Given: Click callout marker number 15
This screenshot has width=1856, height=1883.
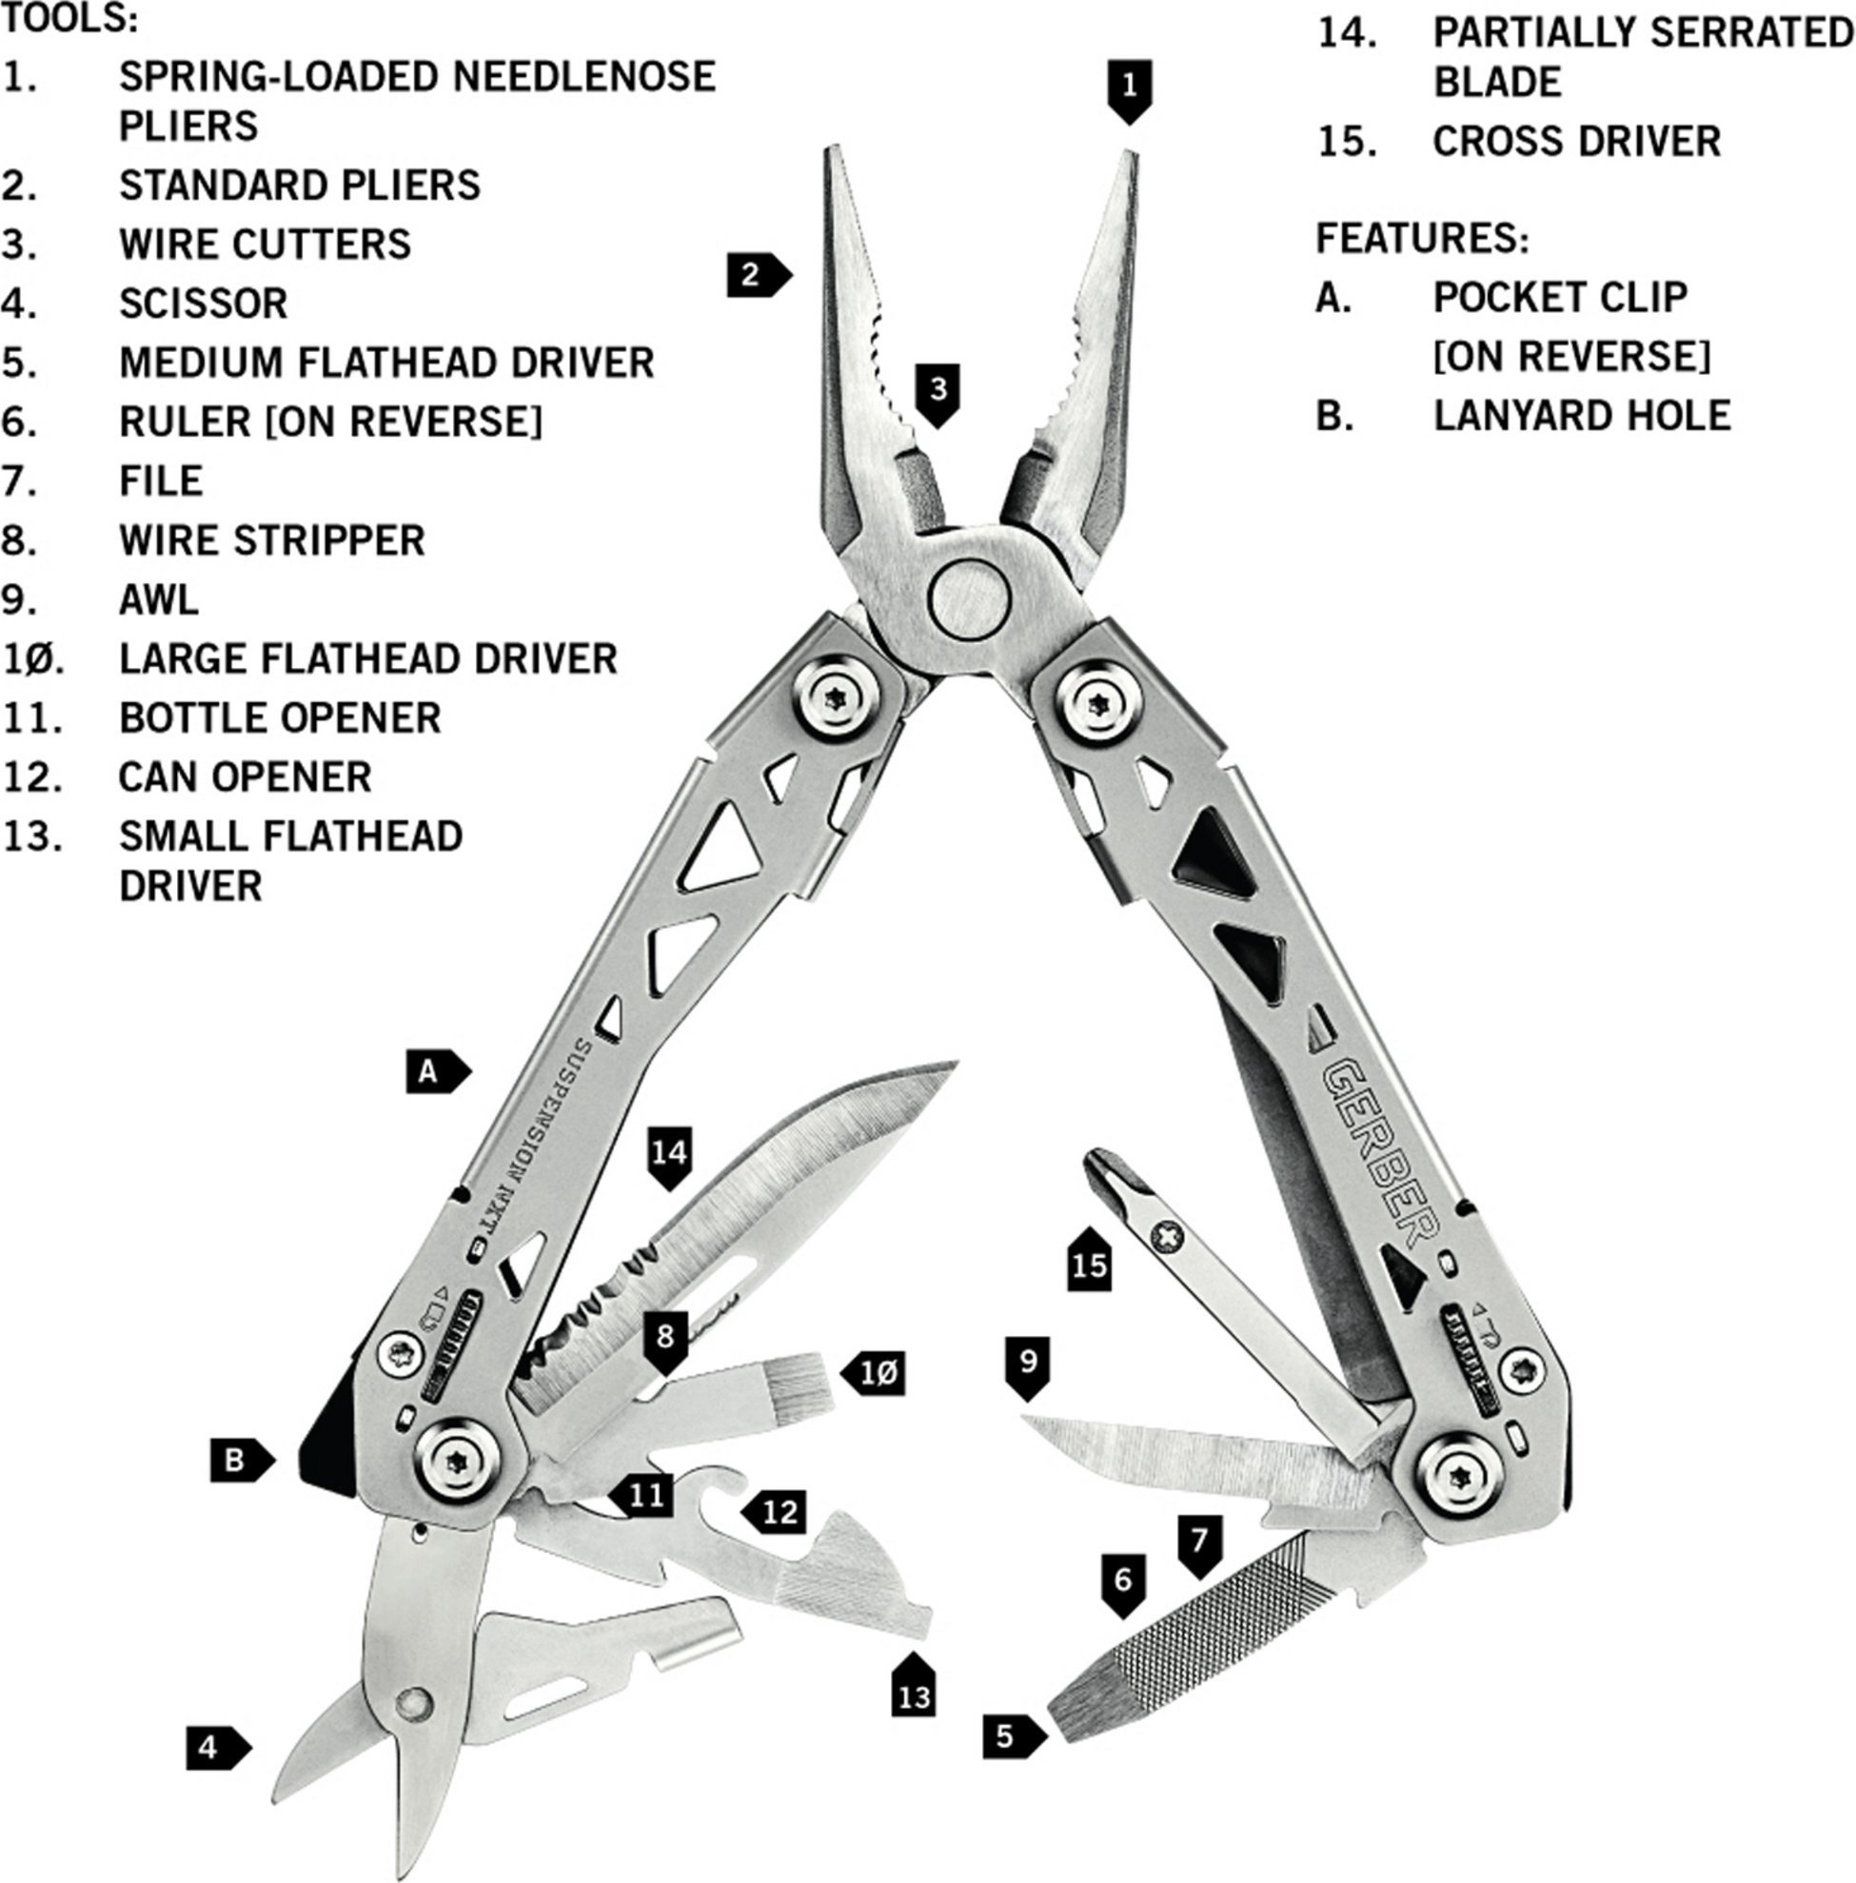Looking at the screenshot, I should [x=1090, y=1264].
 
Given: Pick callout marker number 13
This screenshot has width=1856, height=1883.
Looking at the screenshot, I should [x=914, y=1696].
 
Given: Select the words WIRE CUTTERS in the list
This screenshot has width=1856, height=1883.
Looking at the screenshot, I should [x=265, y=244].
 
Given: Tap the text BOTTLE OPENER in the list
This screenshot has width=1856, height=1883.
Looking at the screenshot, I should [x=280, y=718].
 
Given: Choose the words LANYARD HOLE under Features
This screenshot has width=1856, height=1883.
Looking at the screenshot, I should [x=1581, y=416].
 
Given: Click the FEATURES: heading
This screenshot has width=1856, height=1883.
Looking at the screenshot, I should [x=1422, y=239].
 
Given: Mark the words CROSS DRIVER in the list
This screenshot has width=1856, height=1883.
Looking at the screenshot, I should [x=1576, y=143].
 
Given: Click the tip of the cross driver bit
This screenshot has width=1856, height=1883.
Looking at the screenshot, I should [x=1102, y=1163].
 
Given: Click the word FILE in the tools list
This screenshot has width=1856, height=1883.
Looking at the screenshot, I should [x=161, y=481].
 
